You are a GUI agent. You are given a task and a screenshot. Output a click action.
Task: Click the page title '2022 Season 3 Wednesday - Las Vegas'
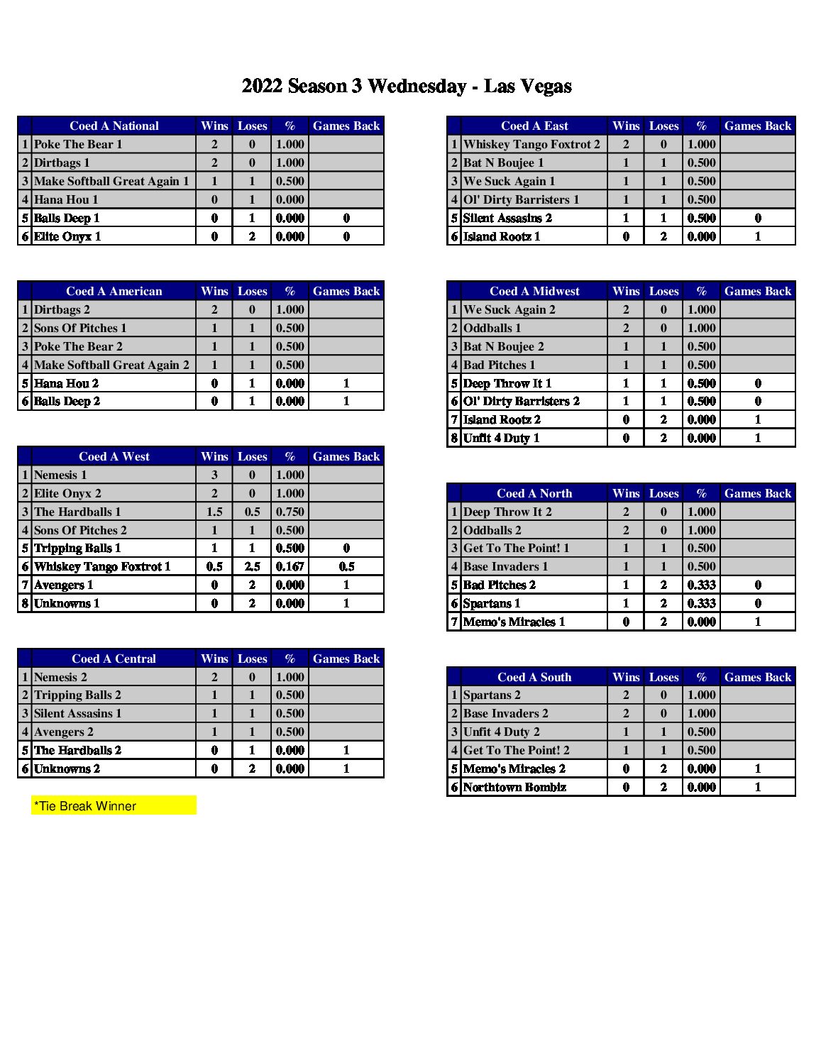coord(407,87)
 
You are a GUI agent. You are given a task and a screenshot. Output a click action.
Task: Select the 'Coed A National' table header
coord(114,126)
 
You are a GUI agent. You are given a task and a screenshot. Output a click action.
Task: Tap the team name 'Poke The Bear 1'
coord(78,144)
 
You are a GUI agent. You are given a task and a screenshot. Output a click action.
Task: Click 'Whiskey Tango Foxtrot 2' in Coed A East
coord(531,144)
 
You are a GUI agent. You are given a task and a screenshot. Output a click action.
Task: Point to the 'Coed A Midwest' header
coord(534,291)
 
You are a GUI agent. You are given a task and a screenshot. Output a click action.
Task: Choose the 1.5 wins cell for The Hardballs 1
coord(214,512)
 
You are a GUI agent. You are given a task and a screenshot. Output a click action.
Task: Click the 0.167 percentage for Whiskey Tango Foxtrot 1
coord(290,566)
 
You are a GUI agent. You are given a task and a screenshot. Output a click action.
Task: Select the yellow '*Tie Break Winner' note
coord(114,805)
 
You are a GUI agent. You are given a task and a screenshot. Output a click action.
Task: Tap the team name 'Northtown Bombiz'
coord(514,787)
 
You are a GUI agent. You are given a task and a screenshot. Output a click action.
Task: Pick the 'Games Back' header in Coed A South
coord(757,677)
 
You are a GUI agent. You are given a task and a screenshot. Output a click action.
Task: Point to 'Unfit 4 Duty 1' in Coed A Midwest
coord(501,438)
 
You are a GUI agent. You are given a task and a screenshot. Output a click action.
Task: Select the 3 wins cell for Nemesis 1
coord(214,475)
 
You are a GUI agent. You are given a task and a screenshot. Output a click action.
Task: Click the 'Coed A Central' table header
coord(114,659)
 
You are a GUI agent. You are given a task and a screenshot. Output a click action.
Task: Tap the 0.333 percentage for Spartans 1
coord(701,603)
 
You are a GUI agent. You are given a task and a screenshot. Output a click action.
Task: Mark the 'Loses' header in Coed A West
coord(252,456)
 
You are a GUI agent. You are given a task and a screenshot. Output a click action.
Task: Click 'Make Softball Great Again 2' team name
coord(111,365)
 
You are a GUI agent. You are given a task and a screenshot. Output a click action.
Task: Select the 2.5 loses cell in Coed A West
coord(252,566)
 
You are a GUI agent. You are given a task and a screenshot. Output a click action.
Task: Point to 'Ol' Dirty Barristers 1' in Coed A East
coord(521,199)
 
